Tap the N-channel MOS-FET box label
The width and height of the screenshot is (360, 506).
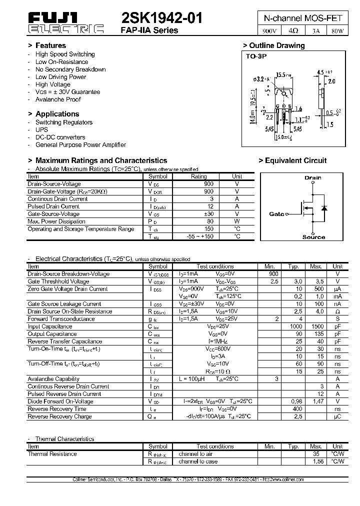coord(303,18)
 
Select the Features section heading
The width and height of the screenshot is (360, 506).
coord(50,45)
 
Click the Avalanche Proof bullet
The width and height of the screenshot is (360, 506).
coord(58,99)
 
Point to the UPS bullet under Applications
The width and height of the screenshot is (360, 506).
coord(41,129)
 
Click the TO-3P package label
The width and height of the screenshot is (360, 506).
coord(256,56)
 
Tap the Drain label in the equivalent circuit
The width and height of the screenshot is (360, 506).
coord(313,177)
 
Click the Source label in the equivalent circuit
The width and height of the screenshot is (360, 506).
coord(313,237)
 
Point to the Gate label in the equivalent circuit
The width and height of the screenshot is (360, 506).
coord(276,214)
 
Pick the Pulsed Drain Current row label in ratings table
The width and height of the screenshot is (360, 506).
coord(53,206)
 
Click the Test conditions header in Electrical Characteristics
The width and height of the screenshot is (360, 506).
coord(215,266)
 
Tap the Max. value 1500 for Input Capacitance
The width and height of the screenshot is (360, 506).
coord(315,326)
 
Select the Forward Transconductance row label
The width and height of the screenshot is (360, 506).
coord(61,319)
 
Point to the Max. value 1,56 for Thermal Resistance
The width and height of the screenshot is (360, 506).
coord(315,461)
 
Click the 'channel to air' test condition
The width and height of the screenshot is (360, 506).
coord(195,454)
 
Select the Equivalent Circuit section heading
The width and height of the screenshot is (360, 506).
coord(292,160)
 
